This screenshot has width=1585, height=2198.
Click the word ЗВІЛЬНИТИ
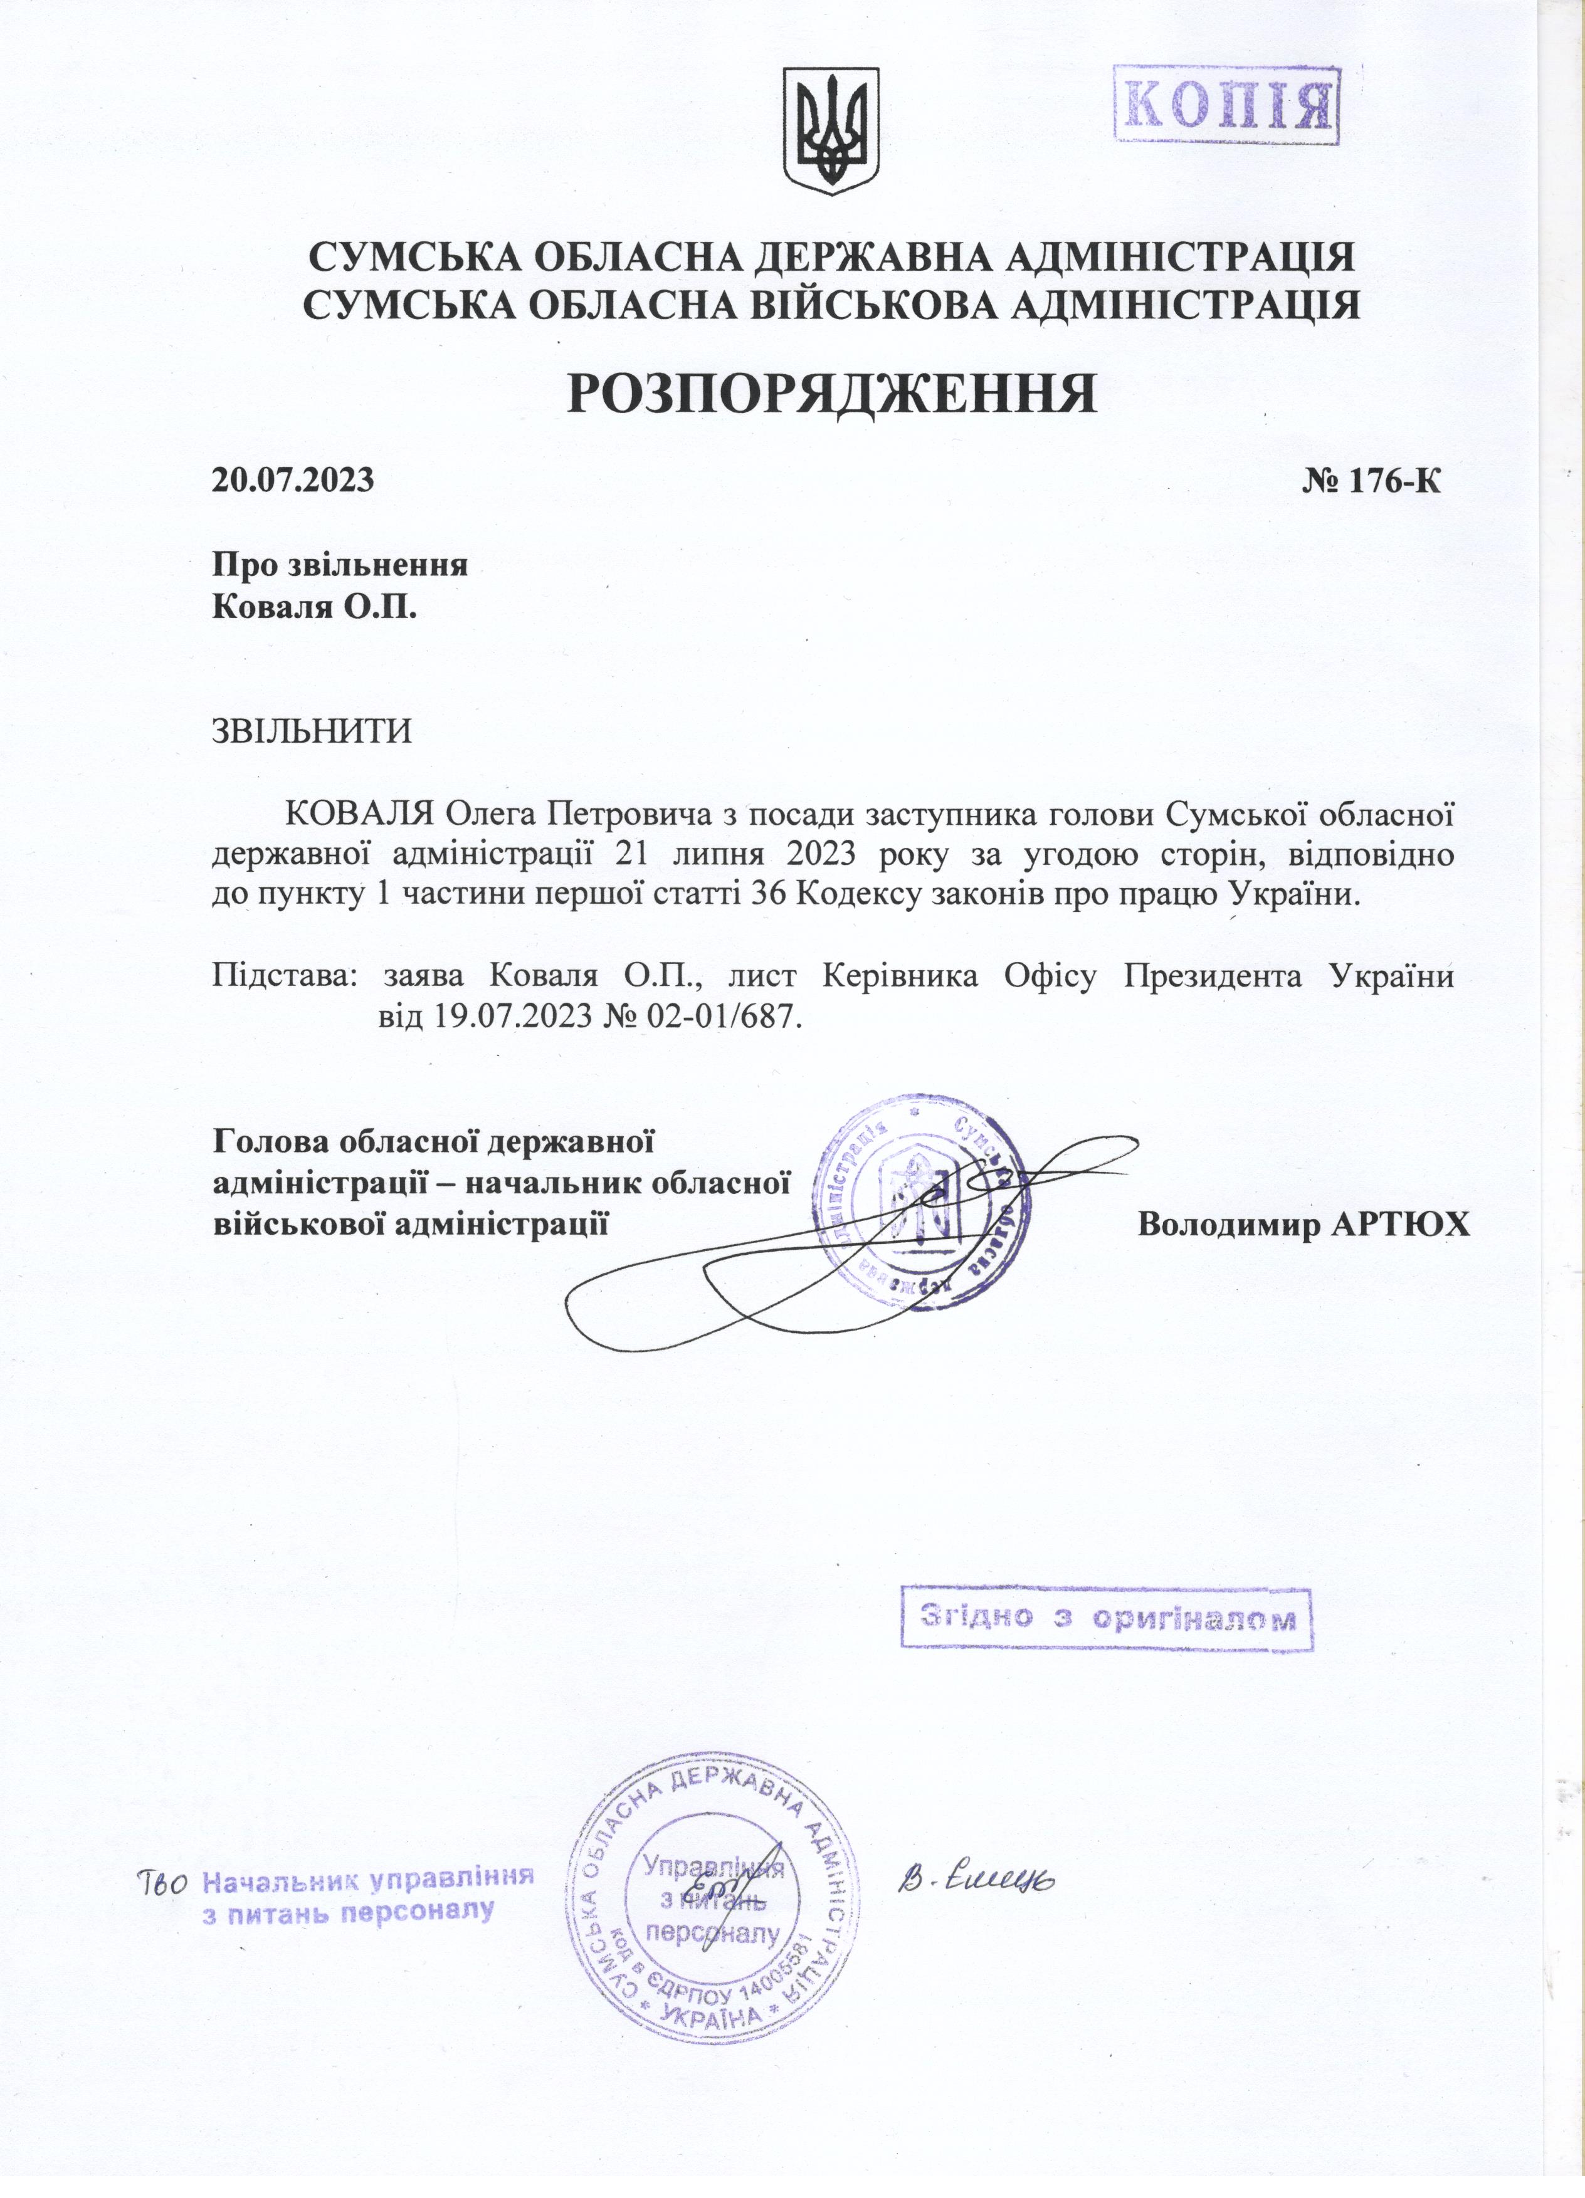pyautogui.click(x=312, y=730)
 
